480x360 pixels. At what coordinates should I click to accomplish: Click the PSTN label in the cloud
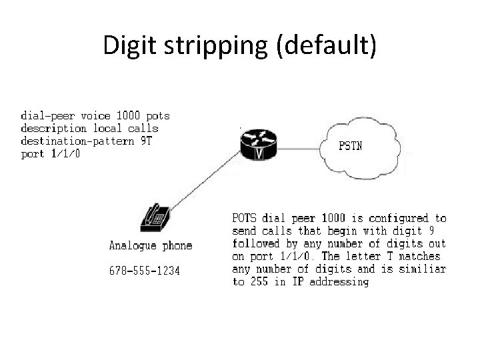351,146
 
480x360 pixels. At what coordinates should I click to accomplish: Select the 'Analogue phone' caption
151,246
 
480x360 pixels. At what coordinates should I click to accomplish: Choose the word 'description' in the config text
53,127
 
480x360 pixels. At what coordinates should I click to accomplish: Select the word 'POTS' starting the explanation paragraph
244,218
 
